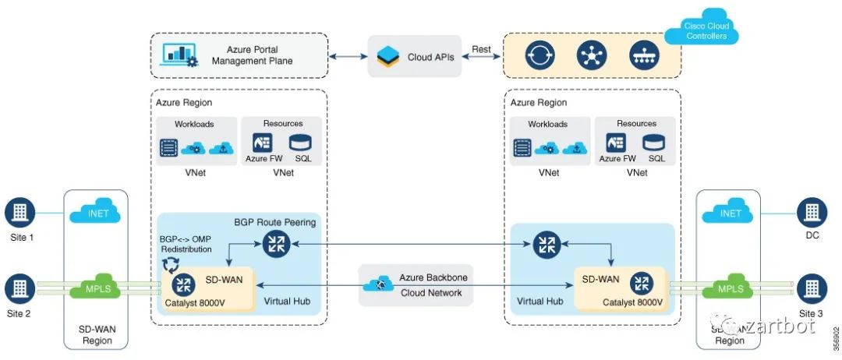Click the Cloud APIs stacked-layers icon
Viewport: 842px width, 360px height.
[x=387, y=57]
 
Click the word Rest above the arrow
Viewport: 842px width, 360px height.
[x=481, y=49]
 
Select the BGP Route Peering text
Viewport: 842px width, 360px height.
[x=275, y=222]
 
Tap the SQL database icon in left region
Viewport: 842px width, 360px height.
[x=299, y=143]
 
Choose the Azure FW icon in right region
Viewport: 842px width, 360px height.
[x=617, y=143]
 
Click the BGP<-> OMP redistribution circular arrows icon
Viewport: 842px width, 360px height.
[x=169, y=266]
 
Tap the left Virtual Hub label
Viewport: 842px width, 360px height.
[x=287, y=300]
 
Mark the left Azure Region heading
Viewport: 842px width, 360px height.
[x=183, y=102]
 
